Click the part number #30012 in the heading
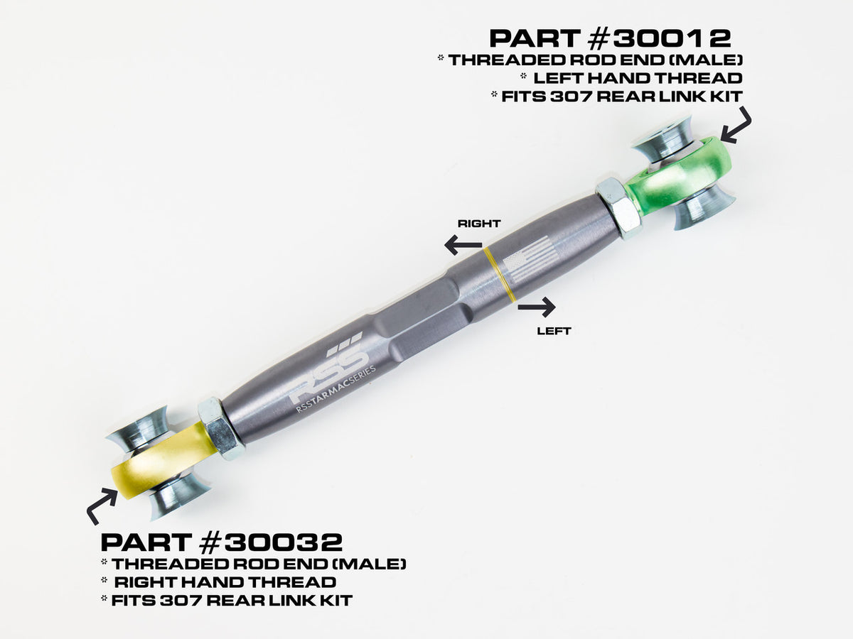[659, 39]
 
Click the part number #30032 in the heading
[271, 542]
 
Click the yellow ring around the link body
[499, 274]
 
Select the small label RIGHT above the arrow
[479, 224]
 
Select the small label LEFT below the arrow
[554, 331]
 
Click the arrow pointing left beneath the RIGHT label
[463, 245]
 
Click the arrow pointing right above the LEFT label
[537, 307]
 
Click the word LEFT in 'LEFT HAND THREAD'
[558, 78]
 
